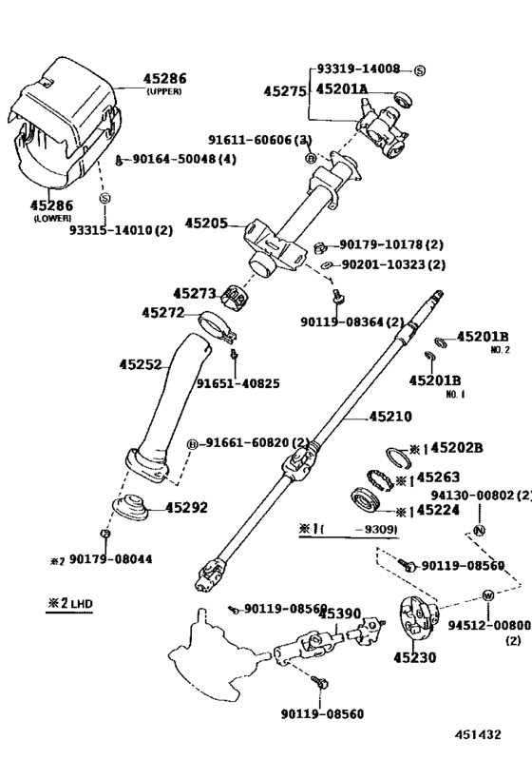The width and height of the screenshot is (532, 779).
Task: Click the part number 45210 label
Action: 365,416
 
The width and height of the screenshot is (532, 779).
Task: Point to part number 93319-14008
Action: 358,69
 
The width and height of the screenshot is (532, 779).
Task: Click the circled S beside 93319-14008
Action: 420,70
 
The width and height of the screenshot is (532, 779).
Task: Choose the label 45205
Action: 206,224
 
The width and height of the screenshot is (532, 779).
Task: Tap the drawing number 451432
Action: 478,733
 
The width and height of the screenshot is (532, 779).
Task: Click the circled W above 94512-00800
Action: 487,595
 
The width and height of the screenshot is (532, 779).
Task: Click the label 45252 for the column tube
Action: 142,363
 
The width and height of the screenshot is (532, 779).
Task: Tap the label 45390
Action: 339,613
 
